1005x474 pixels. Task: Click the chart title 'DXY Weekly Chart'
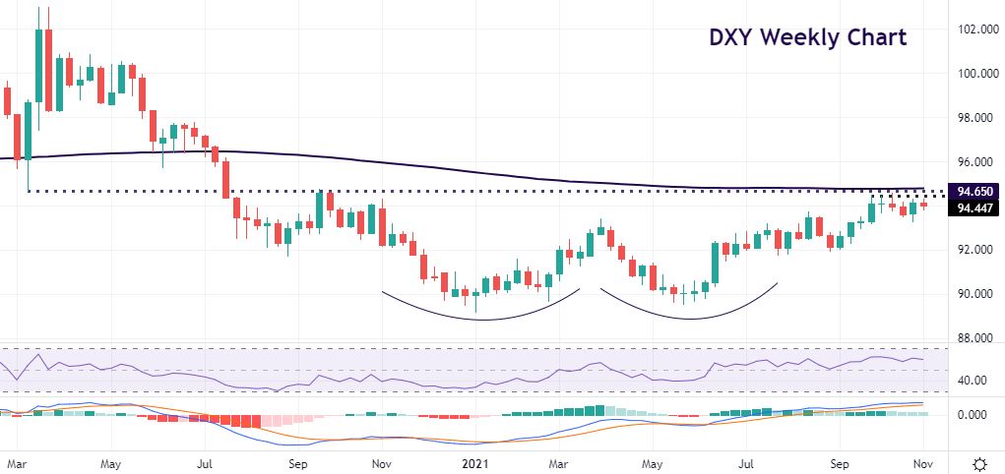[807, 39]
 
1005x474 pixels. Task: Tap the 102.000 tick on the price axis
[971, 30]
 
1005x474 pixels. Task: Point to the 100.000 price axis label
[971, 74]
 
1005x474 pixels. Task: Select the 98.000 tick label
[973, 118]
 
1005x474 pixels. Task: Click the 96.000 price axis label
[973, 162]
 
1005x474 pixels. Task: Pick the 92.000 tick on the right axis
[973, 250]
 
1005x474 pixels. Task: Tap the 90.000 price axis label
[973, 294]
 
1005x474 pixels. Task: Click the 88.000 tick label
[973, 338]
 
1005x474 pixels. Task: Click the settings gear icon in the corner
[980, 462]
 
